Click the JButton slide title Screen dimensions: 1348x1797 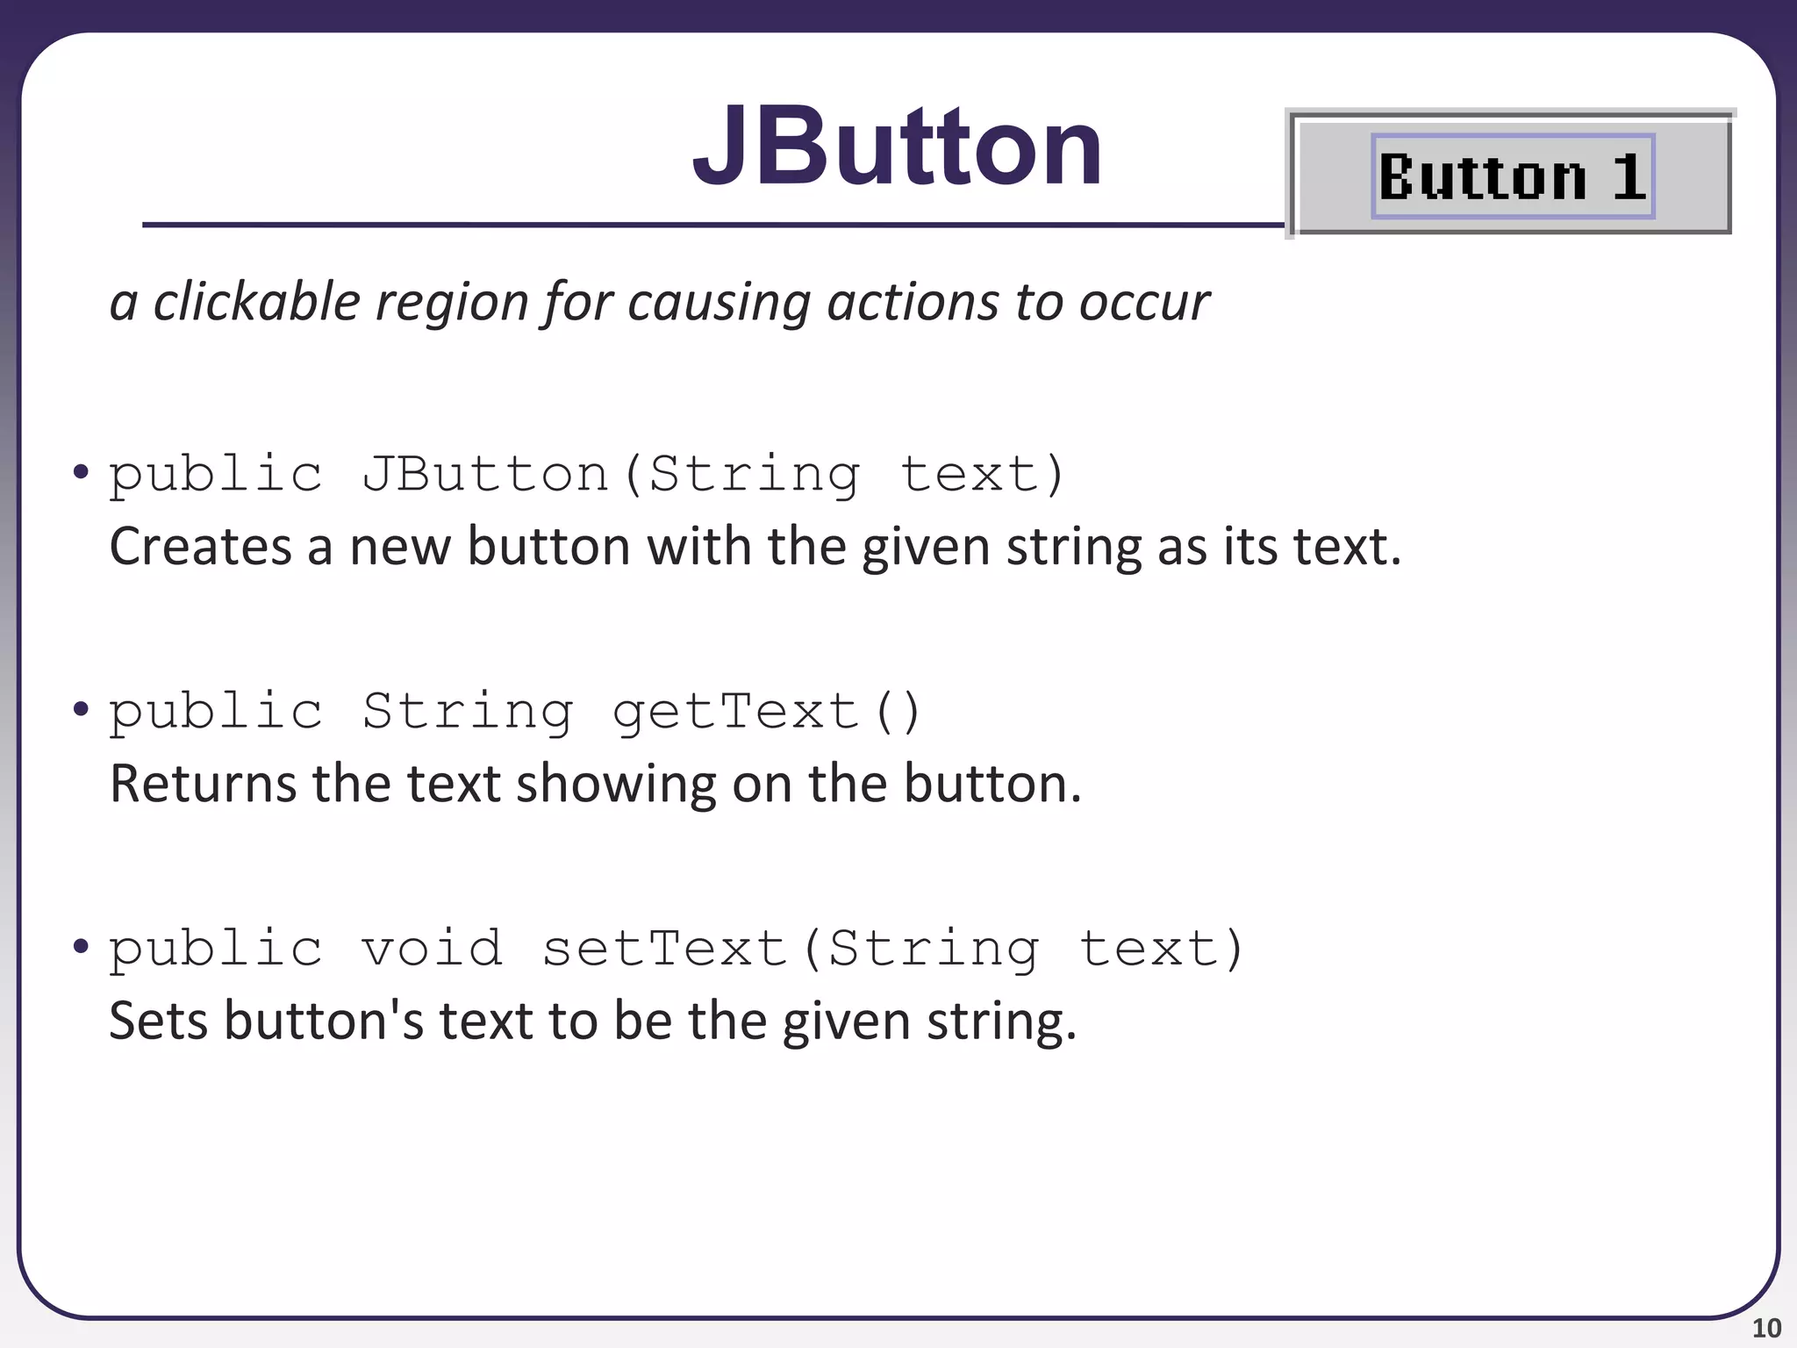(x=897, y=147)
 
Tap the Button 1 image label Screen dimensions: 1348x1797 (x=1512, y=176)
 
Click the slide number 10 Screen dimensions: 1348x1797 (x=1766, y=1328)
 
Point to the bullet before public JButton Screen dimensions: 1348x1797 (x=82, y=472)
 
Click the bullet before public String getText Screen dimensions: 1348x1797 (x=82, y=708)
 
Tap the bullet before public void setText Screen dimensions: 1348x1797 (x=82, y=946)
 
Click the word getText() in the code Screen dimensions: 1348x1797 (x=767, y=712)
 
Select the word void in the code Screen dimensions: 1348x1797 (x=433, y=949)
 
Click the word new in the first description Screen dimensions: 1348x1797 (x=399, y=548)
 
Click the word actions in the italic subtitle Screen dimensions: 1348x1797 (x=913, y=302)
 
